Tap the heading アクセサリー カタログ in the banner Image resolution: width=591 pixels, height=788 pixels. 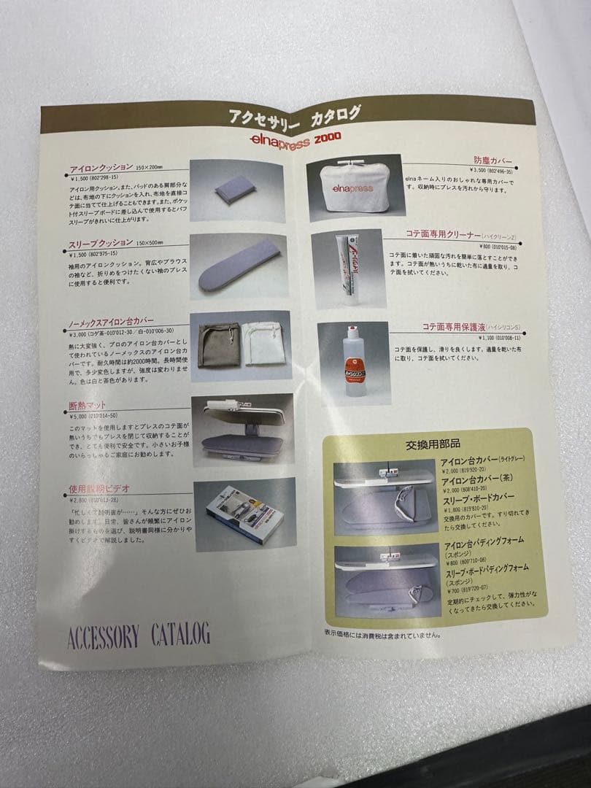coord(295,115)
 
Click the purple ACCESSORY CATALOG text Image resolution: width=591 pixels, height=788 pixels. coord(139,635)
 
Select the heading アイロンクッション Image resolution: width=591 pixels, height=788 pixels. coord(101,167)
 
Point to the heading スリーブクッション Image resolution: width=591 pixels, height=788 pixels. coord(101,242)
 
